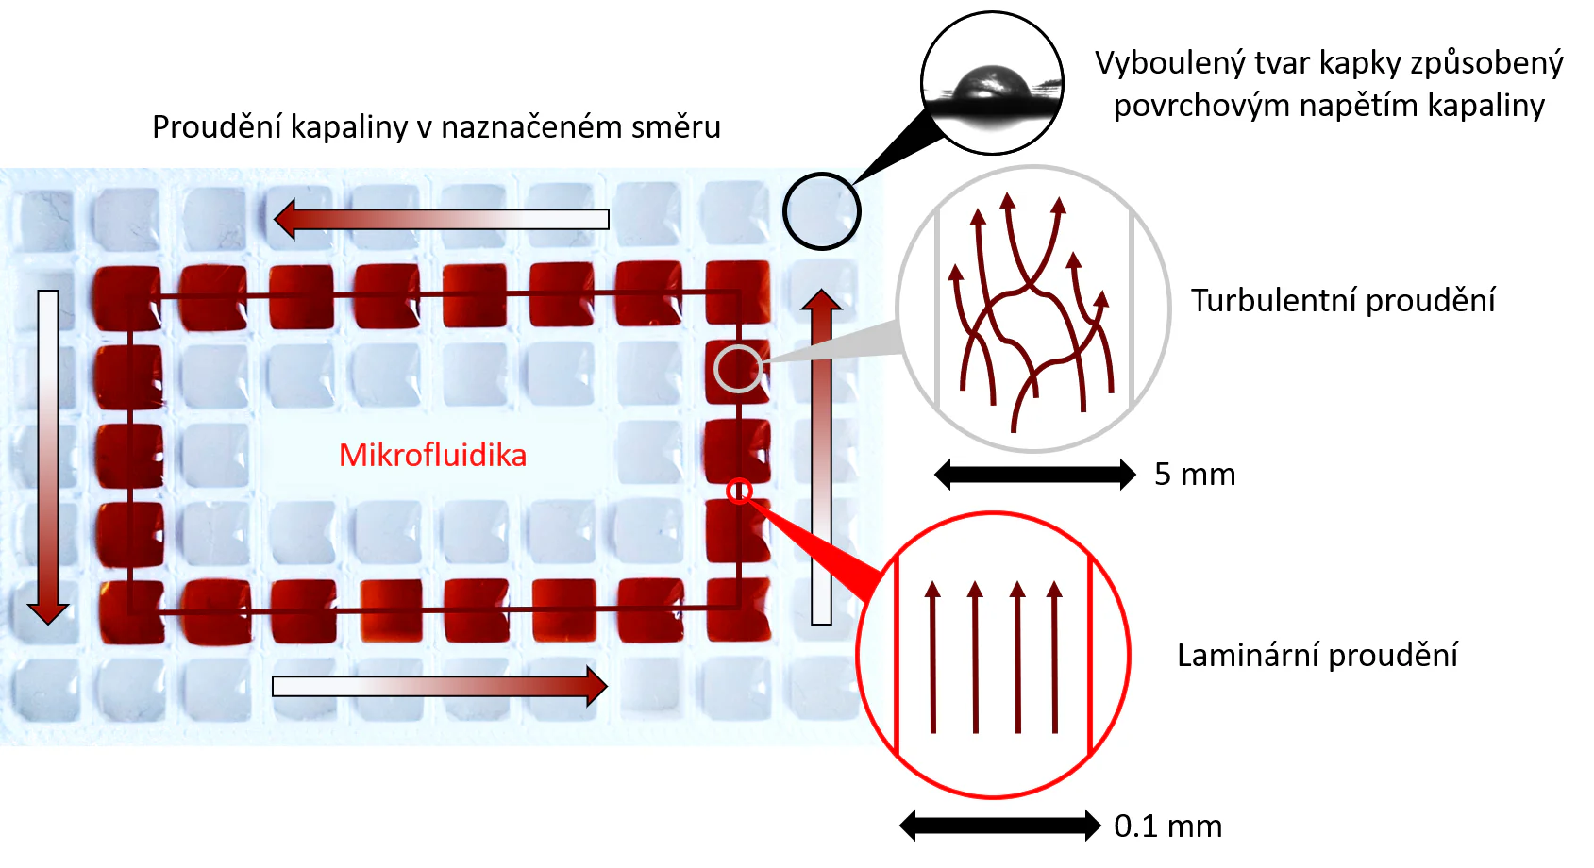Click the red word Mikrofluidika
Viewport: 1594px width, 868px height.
(x=432, y=455)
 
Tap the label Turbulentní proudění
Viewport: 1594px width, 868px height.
(x=1342, y=300)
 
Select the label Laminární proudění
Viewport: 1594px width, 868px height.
(x=1317, y=655)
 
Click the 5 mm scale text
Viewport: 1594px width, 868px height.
(x=1195, y=474)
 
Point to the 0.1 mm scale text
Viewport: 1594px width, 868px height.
(x=1167, y=826)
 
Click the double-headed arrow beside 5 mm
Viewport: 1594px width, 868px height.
(x=1034, y=474)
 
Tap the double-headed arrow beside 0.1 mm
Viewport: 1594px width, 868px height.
(x=1000, y=826)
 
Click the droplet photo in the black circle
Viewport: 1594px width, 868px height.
(x=992, y=83)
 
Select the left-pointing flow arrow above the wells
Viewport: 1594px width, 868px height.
(x=442, y=219)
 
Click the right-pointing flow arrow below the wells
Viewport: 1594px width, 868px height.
(x=440, y=686)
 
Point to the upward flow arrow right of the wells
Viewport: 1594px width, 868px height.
(x=821, y=457)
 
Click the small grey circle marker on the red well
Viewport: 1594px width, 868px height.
(x=737, y=369)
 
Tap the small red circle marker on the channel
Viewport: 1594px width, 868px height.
(x=739, y=491)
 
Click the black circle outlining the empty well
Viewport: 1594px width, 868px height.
(x=821, y=211)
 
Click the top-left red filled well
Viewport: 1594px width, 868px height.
(x=127, y=297)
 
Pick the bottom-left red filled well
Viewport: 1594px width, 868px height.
(x=129, y=611)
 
